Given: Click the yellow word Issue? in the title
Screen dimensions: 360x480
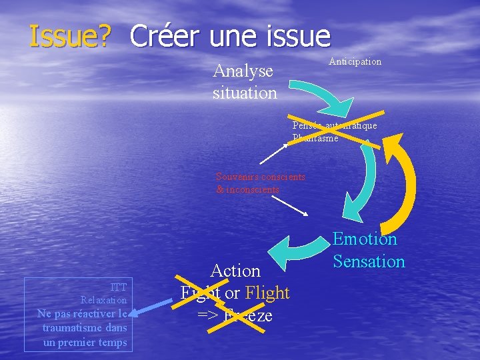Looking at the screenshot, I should pyautogui.click(x=69, y=37).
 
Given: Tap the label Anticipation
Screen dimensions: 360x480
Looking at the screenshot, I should pyautogui.click(x=355, y=61).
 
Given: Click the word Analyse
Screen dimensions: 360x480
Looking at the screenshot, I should pyautogui.click(x=243, y=71).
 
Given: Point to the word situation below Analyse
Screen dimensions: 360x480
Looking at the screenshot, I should pyautogui.click(x=245, y=93).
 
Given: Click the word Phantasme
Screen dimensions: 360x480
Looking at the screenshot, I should pyautogui.click(x=315, y=138).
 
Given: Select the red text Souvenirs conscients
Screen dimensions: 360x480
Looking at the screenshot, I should pyautogui.click(x=261, y=177).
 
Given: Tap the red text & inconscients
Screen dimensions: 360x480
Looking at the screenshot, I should pyautogui.click(x=248, y=189).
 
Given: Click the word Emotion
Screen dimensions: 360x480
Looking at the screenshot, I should pyautogui.click(x=365, y=239).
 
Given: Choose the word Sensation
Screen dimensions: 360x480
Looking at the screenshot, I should pyautogui.click(x=369, y=261).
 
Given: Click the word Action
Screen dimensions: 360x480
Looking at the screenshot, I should pyautogui.click(x=235, y=271).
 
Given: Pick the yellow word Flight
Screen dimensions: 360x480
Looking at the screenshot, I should pyautogui.click(x=267, y=293).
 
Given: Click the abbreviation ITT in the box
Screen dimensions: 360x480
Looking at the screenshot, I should pyautogui.click(x=119, y=287).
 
